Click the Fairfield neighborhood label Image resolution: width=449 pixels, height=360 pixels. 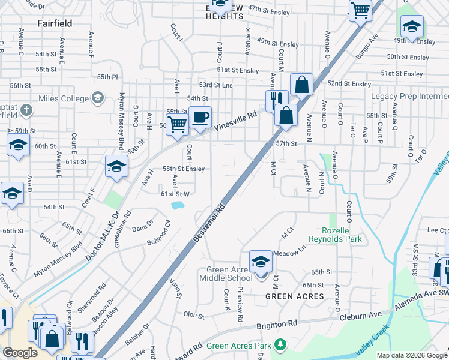(55, 23)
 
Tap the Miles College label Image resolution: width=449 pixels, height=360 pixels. (62, 98)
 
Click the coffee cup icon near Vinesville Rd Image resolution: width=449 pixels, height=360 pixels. (200, 117)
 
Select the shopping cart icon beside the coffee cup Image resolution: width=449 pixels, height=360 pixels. (177, 125)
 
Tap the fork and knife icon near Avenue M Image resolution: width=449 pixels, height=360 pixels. (276, 99)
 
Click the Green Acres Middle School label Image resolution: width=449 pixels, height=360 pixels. (229, 274)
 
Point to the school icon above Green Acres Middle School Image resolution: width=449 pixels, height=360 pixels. (260, 262)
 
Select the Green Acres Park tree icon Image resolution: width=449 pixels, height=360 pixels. (279, 344)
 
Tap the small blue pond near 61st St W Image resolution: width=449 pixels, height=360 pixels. (177, 206)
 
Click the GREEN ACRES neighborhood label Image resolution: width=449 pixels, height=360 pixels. (295, 296)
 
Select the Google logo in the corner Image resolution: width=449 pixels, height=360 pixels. (20, 353)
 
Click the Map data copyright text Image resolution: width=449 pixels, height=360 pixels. (412, 355)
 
